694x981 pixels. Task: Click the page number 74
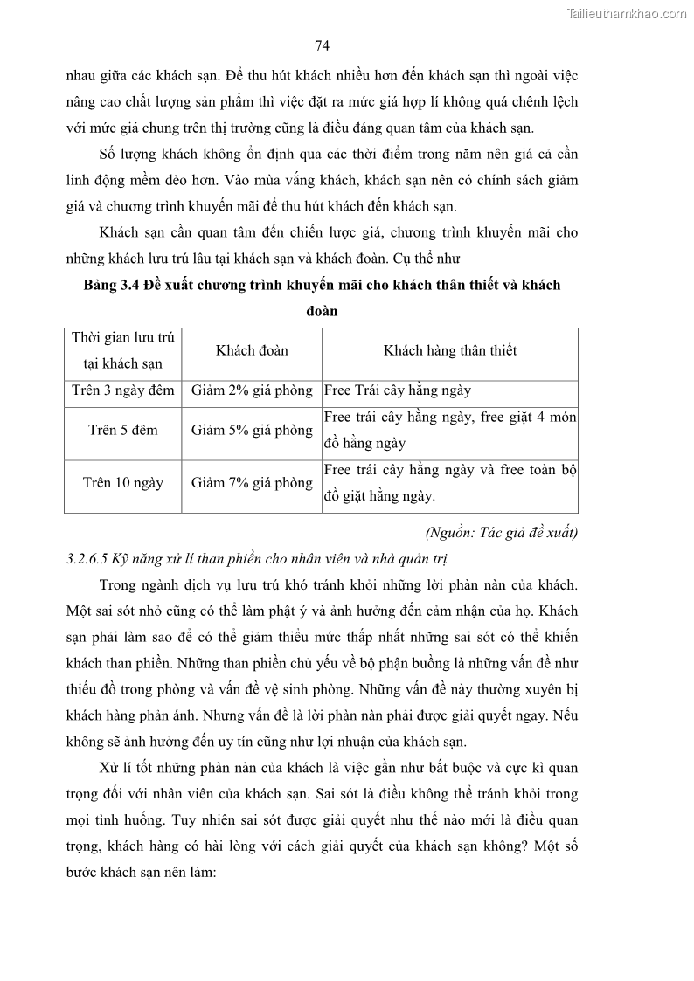(322, 46)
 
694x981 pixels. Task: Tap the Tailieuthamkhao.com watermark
(627, 13)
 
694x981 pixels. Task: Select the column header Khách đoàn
(252, 350)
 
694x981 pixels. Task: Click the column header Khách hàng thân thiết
(450, 350)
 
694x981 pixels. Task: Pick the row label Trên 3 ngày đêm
(123, 390)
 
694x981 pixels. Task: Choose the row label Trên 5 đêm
(123, 430)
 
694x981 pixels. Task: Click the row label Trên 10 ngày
(123, 482)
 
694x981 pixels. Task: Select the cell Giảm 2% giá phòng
(252, 390)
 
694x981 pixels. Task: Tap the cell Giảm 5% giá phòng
(252, 430)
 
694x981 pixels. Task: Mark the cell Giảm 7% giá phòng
(252, 482)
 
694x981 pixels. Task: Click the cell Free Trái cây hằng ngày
(398, 390)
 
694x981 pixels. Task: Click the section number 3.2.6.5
(88, 558)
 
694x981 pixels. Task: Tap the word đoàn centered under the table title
(322, 312)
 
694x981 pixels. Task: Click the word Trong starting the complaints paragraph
(118, 584)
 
